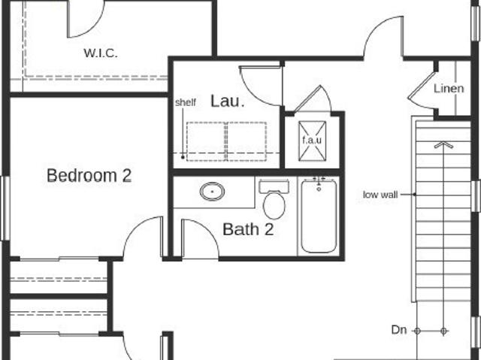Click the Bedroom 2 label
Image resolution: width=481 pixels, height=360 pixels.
click(89, 175)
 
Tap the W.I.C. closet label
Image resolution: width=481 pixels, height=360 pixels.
click(101, 53)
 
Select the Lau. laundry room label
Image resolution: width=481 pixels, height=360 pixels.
click(227, 101)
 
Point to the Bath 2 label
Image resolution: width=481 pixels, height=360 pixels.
click(248, 229)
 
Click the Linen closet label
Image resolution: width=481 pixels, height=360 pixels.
click(449, 89)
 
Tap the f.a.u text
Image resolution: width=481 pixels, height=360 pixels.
click(312, 140)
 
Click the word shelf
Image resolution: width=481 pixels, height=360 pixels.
click(186, 102)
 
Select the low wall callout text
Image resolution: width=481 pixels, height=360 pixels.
click(380, 195)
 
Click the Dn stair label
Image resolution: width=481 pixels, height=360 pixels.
click(399, 330)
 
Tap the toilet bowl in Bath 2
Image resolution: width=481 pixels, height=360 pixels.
click(274, 205)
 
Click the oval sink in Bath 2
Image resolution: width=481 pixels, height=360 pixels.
click(212, 192)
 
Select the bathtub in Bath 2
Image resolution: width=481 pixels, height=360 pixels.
click(319, 216)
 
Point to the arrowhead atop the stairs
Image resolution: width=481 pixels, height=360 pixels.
click(443, 145)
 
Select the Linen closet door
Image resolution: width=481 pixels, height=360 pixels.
click(422, 86)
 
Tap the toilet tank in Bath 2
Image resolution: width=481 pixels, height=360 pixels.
click(274, 186)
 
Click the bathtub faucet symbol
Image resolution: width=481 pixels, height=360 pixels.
click(319, 183)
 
